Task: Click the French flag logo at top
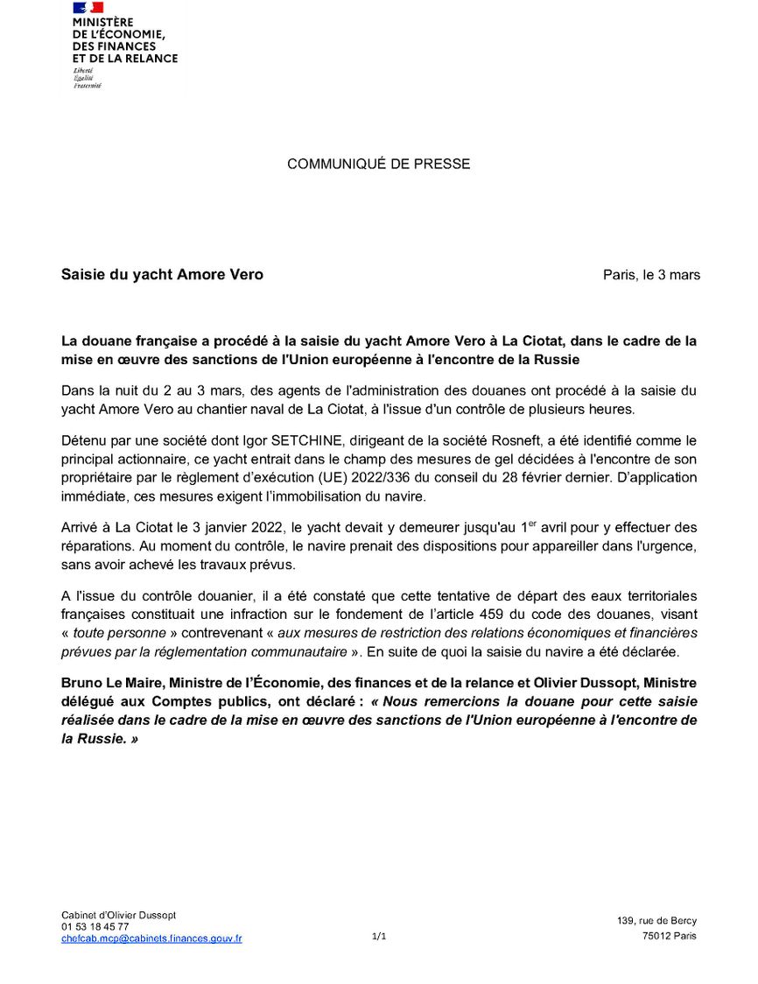[88, 8]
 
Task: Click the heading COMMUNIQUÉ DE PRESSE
[378, 164]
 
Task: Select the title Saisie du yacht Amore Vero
[162, 275]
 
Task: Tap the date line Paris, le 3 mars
[651, 275]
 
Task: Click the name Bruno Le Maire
[110, 683]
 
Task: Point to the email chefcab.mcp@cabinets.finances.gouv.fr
[151, 938]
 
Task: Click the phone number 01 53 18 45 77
[95, 926]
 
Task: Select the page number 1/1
[379, 937]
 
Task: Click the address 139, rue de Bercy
[656, 921]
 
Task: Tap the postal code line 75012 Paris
[669, 937]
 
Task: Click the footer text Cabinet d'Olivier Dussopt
[119, 915]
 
